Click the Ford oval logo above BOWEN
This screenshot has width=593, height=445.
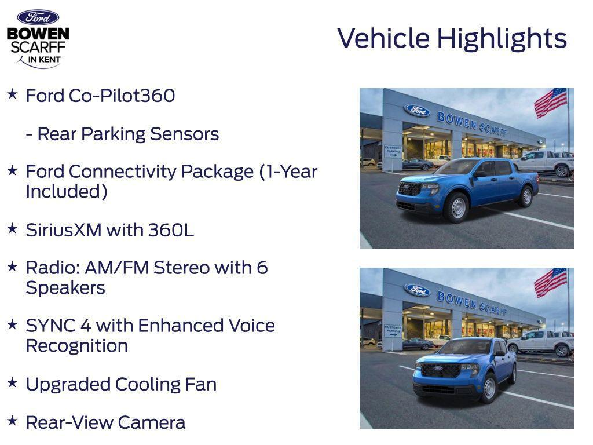click(38, 17)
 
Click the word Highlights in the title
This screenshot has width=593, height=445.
click(502, 38)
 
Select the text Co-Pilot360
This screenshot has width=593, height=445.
click(122, 96)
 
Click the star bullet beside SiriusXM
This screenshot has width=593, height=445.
click(12, 228)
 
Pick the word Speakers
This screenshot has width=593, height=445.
click(65, 288)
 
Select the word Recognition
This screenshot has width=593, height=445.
click(76, 346)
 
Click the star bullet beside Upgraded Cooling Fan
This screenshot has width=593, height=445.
click(12, 382)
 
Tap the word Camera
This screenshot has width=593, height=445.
click(158, 422)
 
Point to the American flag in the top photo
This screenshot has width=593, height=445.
click(550, 103)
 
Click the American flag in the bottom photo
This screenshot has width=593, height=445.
click(550, 282)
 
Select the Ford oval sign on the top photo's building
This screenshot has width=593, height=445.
click(417, 110)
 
